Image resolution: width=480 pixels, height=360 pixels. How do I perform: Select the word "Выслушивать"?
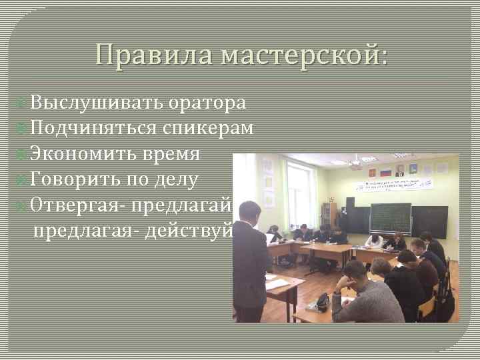click(x=96, y=103)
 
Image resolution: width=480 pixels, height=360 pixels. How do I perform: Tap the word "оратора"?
click(x=207, y=103)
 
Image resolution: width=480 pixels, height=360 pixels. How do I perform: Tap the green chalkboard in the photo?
click(x=391, y=217)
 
